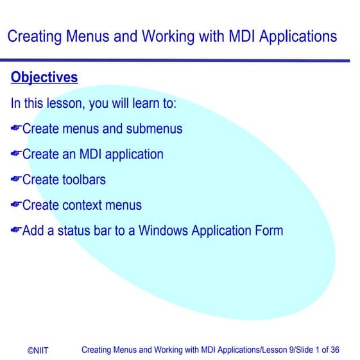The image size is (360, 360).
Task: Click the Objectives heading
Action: click(x=44, y=78)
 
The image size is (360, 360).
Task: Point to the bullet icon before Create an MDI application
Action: click(x=16, y=154)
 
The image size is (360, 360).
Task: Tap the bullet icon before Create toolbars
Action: click(x=16, y=180)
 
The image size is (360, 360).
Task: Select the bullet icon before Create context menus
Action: click(x=16, y=205)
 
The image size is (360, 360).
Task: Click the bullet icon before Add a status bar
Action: click(x=16, y=230)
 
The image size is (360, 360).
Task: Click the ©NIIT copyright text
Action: click(x=37, y=350)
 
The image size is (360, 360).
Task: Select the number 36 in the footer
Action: click(x=334, y=350)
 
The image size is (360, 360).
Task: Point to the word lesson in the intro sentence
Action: click(x=76, y=103)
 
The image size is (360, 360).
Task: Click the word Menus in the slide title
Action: click(x=84, y=36)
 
